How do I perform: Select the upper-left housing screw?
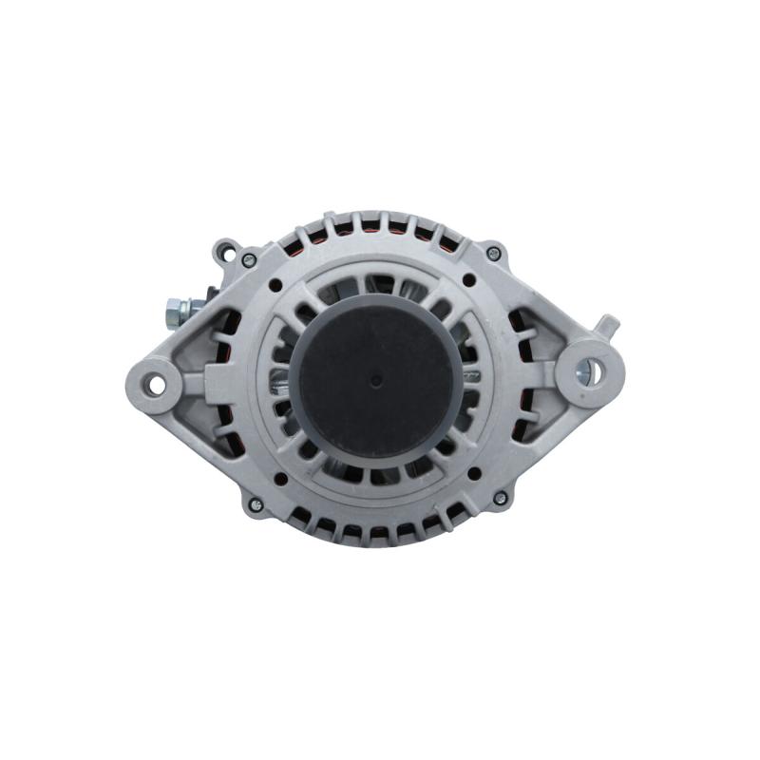point(249,259)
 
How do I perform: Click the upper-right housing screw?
point(493,254)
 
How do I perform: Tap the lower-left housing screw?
point(255,503)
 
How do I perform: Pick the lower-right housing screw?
point(499,498)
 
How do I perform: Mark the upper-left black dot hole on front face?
point(275,284)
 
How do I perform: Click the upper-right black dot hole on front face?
point(468,280)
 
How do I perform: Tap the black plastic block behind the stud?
point(211,294)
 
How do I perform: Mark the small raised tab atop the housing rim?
point(327,218)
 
